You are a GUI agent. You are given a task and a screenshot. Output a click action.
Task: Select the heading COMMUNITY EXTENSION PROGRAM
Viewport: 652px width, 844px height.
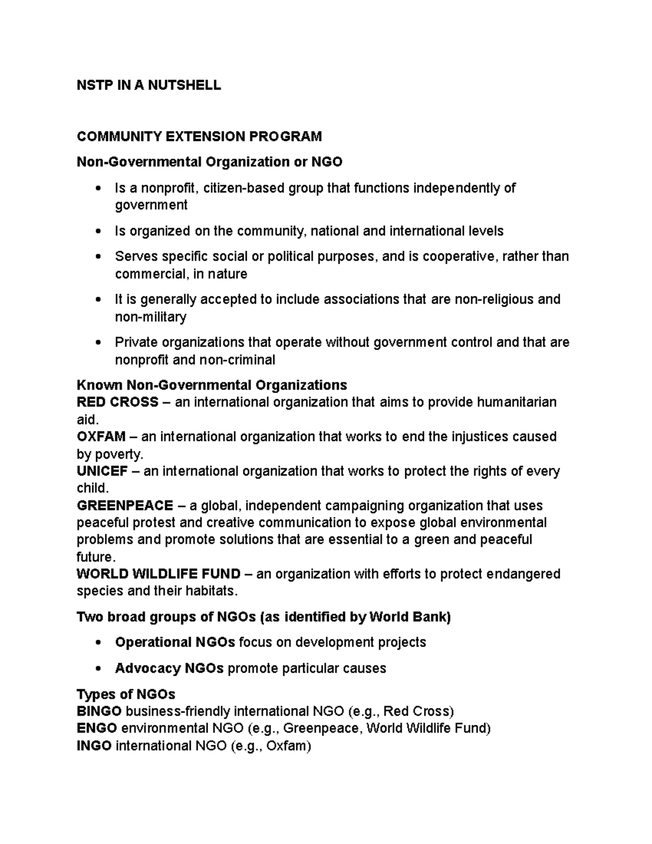tap(199, 136)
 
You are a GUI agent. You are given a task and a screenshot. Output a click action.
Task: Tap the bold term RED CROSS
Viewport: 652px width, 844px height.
tap(117, 402)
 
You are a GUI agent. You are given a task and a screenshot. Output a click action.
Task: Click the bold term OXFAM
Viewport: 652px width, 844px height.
tap(101, 436)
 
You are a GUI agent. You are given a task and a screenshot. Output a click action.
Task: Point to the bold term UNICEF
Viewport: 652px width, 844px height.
tap(102, 471)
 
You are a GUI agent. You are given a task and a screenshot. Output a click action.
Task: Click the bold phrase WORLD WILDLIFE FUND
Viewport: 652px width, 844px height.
tap(159, 574)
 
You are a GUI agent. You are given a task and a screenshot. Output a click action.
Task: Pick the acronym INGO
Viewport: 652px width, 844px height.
tap(94, 746)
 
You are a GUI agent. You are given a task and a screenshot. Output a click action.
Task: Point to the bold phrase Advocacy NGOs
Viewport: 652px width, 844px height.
tap(169, 668)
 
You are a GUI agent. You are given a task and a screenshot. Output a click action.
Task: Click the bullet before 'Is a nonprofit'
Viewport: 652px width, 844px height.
tap(98, 189)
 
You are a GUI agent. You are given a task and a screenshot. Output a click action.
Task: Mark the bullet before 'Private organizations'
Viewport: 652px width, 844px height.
tap(98, 343)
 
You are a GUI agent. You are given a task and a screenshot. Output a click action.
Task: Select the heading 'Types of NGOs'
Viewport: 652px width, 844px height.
tap(126, 694)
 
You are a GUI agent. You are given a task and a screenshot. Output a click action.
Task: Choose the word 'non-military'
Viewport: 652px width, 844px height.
tap(151, 317)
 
